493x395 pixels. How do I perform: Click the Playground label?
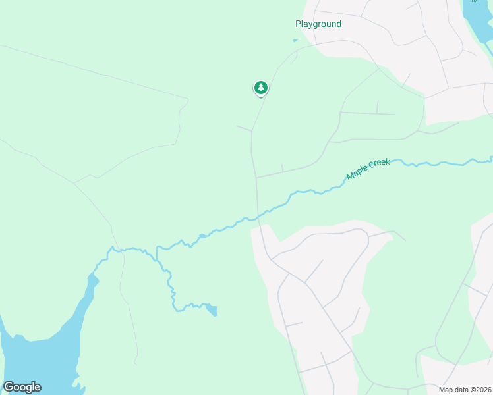(318, 24)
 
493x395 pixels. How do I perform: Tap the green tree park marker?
(261, 88)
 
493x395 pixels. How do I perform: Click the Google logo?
(22, 387)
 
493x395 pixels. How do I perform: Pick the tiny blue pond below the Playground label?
(295, 40)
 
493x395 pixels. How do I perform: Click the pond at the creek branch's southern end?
(211, 309)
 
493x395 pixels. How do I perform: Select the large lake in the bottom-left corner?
(33, 362)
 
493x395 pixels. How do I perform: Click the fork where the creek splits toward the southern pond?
(157, 248)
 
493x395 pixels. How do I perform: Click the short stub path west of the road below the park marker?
(243, 127)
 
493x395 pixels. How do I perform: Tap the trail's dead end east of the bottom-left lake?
(135, 363)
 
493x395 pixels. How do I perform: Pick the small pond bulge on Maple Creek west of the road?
(201, 236)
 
